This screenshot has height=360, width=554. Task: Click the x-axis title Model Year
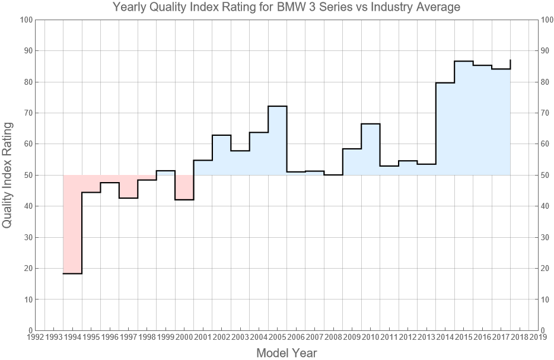point(286,353)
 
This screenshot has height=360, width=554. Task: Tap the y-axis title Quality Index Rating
point(8,175)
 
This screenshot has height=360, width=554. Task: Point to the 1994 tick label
point(72,337)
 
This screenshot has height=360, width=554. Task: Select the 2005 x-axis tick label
point(277,337)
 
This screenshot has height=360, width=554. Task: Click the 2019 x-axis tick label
point(538,337)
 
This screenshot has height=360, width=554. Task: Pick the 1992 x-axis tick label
point(36,337)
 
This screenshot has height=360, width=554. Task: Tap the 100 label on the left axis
point(25,20)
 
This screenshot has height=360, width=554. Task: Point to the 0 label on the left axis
point(29,330)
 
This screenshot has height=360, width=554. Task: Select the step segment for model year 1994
point(72,273)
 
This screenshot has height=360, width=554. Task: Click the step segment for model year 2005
point(277,106)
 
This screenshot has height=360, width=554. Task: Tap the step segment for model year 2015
point(463,61)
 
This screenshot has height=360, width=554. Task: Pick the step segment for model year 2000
point(184,200)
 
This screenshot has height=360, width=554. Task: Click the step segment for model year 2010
point(370,124)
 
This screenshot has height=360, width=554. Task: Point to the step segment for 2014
point(445,83)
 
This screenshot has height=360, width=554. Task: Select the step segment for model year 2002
point(221,135)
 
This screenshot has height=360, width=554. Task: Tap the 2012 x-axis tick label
point(407,337)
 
